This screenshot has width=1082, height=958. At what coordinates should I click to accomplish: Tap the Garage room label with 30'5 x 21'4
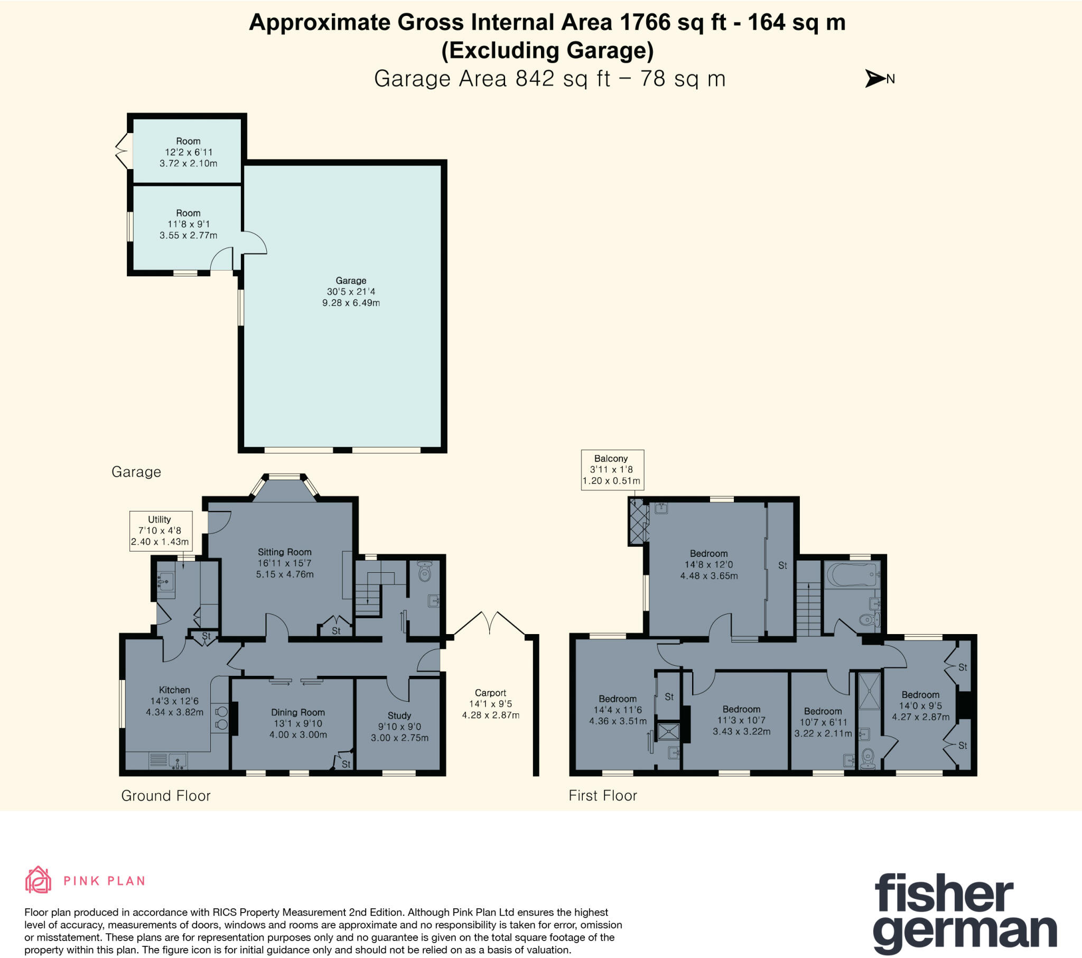click(351, 292)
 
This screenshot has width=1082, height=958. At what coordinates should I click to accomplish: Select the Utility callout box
click(161, 531)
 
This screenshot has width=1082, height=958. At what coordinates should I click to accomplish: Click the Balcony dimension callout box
click(612, 470)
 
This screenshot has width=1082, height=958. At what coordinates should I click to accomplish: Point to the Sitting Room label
click(285, 563)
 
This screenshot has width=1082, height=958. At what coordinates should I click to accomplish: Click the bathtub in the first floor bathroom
click(852, 574)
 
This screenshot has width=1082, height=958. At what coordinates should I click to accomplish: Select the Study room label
click(399, 726)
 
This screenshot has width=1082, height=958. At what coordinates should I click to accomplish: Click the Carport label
click(490, 704)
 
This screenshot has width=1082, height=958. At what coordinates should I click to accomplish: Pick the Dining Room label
click(298, 723)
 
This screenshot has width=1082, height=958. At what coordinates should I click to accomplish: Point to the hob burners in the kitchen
click(221, 718)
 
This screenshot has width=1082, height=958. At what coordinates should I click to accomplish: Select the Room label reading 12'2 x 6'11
click(189, 152)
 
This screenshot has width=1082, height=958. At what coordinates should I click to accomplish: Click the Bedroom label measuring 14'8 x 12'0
click(709, 564)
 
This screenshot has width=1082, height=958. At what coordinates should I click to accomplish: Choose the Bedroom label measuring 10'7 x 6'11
click(823, 722)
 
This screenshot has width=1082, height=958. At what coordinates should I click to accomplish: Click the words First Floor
click(602, 795)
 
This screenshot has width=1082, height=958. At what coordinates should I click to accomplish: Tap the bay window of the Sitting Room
click(285, 486)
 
